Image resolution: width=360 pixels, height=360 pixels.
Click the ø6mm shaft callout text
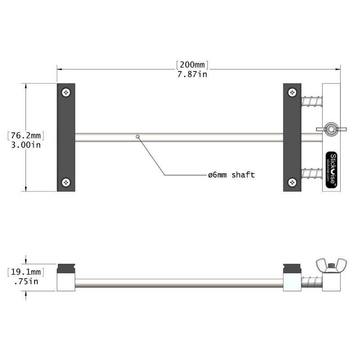pos(231,175)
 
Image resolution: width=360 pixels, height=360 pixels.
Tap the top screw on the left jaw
pos(67,92)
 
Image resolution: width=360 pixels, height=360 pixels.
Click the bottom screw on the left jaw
pos(67,182)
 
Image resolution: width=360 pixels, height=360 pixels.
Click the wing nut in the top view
pos(332,130)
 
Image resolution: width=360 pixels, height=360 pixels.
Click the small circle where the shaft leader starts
pos(138,135)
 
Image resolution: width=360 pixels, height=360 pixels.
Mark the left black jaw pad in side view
pos(66,269)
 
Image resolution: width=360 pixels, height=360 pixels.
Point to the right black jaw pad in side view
pos(292,269)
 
